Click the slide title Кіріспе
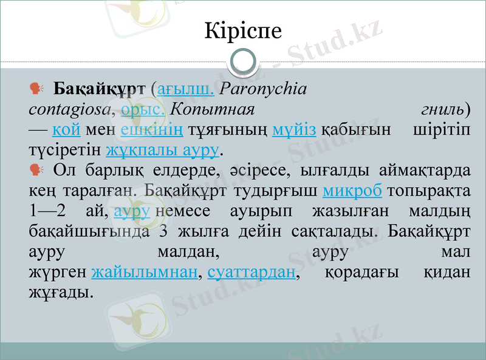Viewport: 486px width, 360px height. click(243, 30)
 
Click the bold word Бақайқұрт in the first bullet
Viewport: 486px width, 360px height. click(100, 89)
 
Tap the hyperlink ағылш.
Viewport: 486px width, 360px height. click(185, 89)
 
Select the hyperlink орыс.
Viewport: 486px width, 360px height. click(143, 109)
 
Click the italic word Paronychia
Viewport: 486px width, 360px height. click(263, 89)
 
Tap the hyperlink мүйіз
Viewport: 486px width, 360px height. click(294, 129)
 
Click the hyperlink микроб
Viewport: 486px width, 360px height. click(352, 191)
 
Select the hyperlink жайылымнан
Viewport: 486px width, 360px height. click(145, 272)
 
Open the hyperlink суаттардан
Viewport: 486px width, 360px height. click(252, 272)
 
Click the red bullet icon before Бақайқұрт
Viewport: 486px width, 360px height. click(36, 89)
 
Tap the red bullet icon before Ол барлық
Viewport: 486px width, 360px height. click(36, 169)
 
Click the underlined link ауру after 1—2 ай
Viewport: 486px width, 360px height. click(132, 211)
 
